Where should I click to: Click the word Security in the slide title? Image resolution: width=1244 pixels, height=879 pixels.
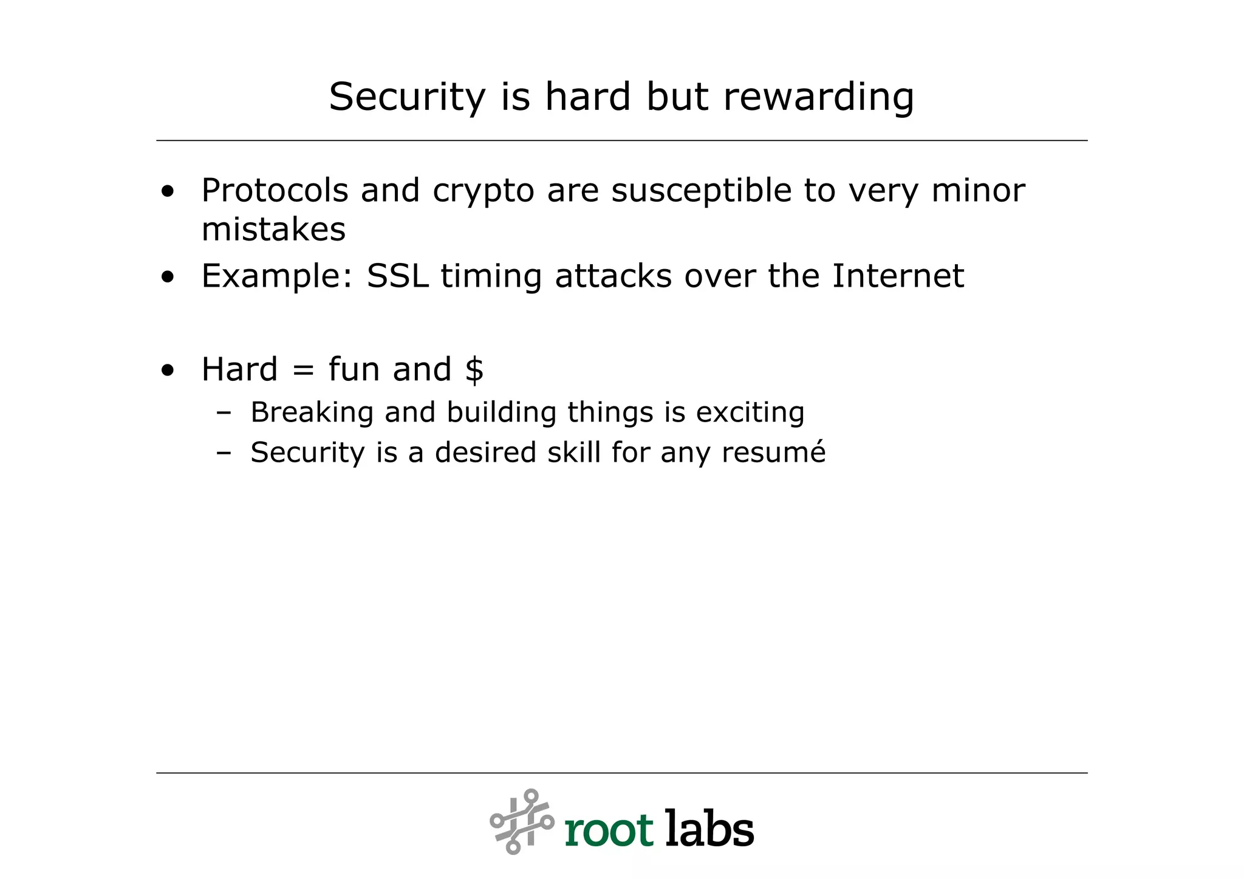pyautogui.click(x=407, y=97)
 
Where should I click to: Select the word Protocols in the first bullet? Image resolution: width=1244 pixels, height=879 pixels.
pyautogui.click(x=275, y=191)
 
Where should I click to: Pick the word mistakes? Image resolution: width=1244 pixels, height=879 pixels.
pyautogui.click(x=273, y=230)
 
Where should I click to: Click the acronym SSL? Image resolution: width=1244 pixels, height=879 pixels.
pyautogui.click(x=397, y=276)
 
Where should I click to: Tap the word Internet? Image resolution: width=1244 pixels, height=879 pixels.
pyautogui.click(x=897, y=276)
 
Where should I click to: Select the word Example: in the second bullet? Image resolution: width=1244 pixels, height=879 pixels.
pyautogui.click(x=277, y=277)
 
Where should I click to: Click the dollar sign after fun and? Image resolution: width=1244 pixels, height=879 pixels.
pyautogui.click(x=474, y=369)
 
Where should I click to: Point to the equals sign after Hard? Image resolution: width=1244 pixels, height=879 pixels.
pyautogui.click(x=302, y=370)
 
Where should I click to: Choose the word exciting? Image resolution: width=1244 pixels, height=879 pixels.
pyautogui.click(x=750, y=413)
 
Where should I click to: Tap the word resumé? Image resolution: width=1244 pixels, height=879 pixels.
pyautogui.click(x=773, y=453)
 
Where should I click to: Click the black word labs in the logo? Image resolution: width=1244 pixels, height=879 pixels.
pyautogui.click(x=709, y=828)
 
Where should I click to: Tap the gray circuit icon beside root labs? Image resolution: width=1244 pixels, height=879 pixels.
pyautogui.click(x=522, y=821)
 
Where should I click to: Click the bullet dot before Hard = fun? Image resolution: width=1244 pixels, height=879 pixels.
pyautogui.click(x=168, y=370)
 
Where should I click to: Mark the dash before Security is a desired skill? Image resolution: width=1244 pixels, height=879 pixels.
pyautogui.click(x=224, y=453)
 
